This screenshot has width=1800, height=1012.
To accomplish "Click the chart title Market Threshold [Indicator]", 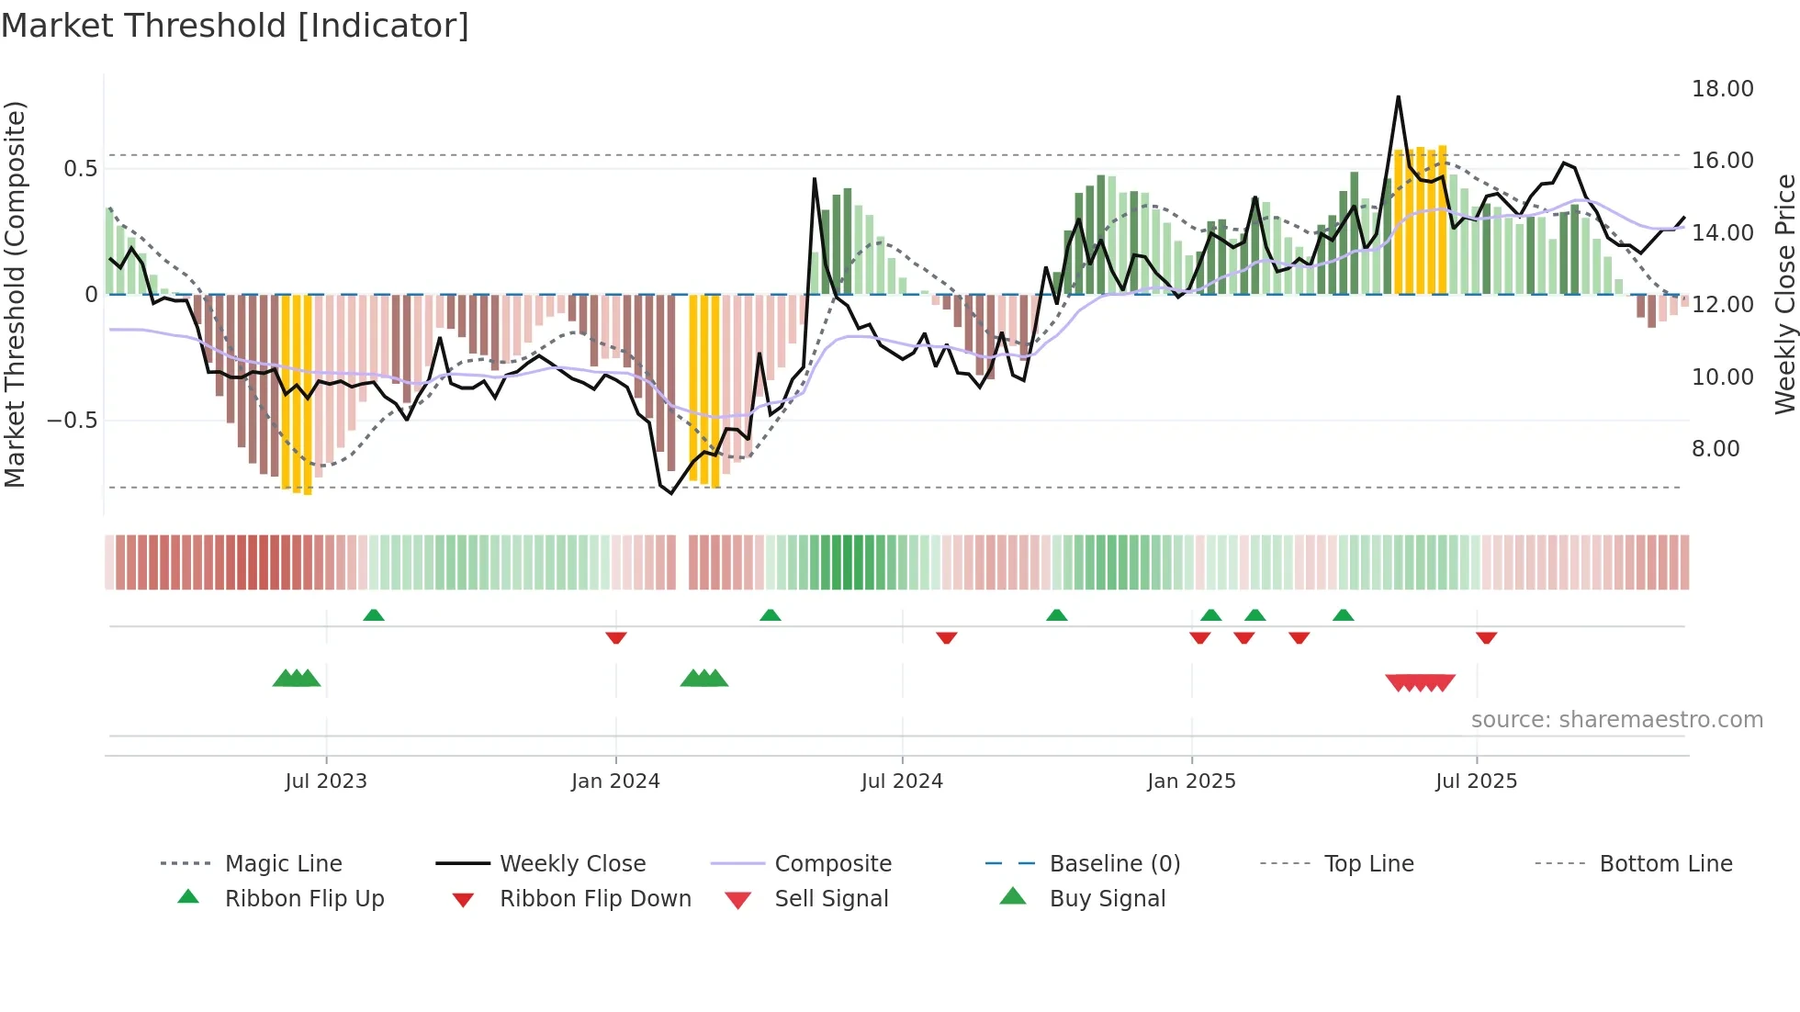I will tap(235, 26).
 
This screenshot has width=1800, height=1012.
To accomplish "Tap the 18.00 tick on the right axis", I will tap(1722, 89).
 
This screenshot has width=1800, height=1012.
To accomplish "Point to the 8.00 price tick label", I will tap(1716, 449).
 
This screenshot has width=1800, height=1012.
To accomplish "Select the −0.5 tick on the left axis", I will tap(72, 421).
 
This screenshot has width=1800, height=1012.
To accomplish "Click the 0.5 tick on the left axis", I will tap(80, 169).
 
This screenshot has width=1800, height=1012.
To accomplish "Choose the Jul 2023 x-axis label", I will tap(326, 781).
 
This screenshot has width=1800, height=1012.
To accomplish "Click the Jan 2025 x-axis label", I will tap(1191, 781).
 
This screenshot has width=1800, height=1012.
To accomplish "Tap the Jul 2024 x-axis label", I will tap(902, 781).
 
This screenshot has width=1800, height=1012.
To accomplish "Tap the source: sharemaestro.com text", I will tap(1616, 720).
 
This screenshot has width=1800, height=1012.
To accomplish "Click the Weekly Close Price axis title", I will tap(1784, 294).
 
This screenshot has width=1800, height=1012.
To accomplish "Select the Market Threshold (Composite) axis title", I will tap(15, 294).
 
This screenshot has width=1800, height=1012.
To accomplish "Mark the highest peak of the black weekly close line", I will tap(1399, 96).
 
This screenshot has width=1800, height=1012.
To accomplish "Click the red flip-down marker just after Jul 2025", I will tap(1487, 638).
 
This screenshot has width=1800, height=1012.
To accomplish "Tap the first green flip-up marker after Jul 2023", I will tap(374, 615).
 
